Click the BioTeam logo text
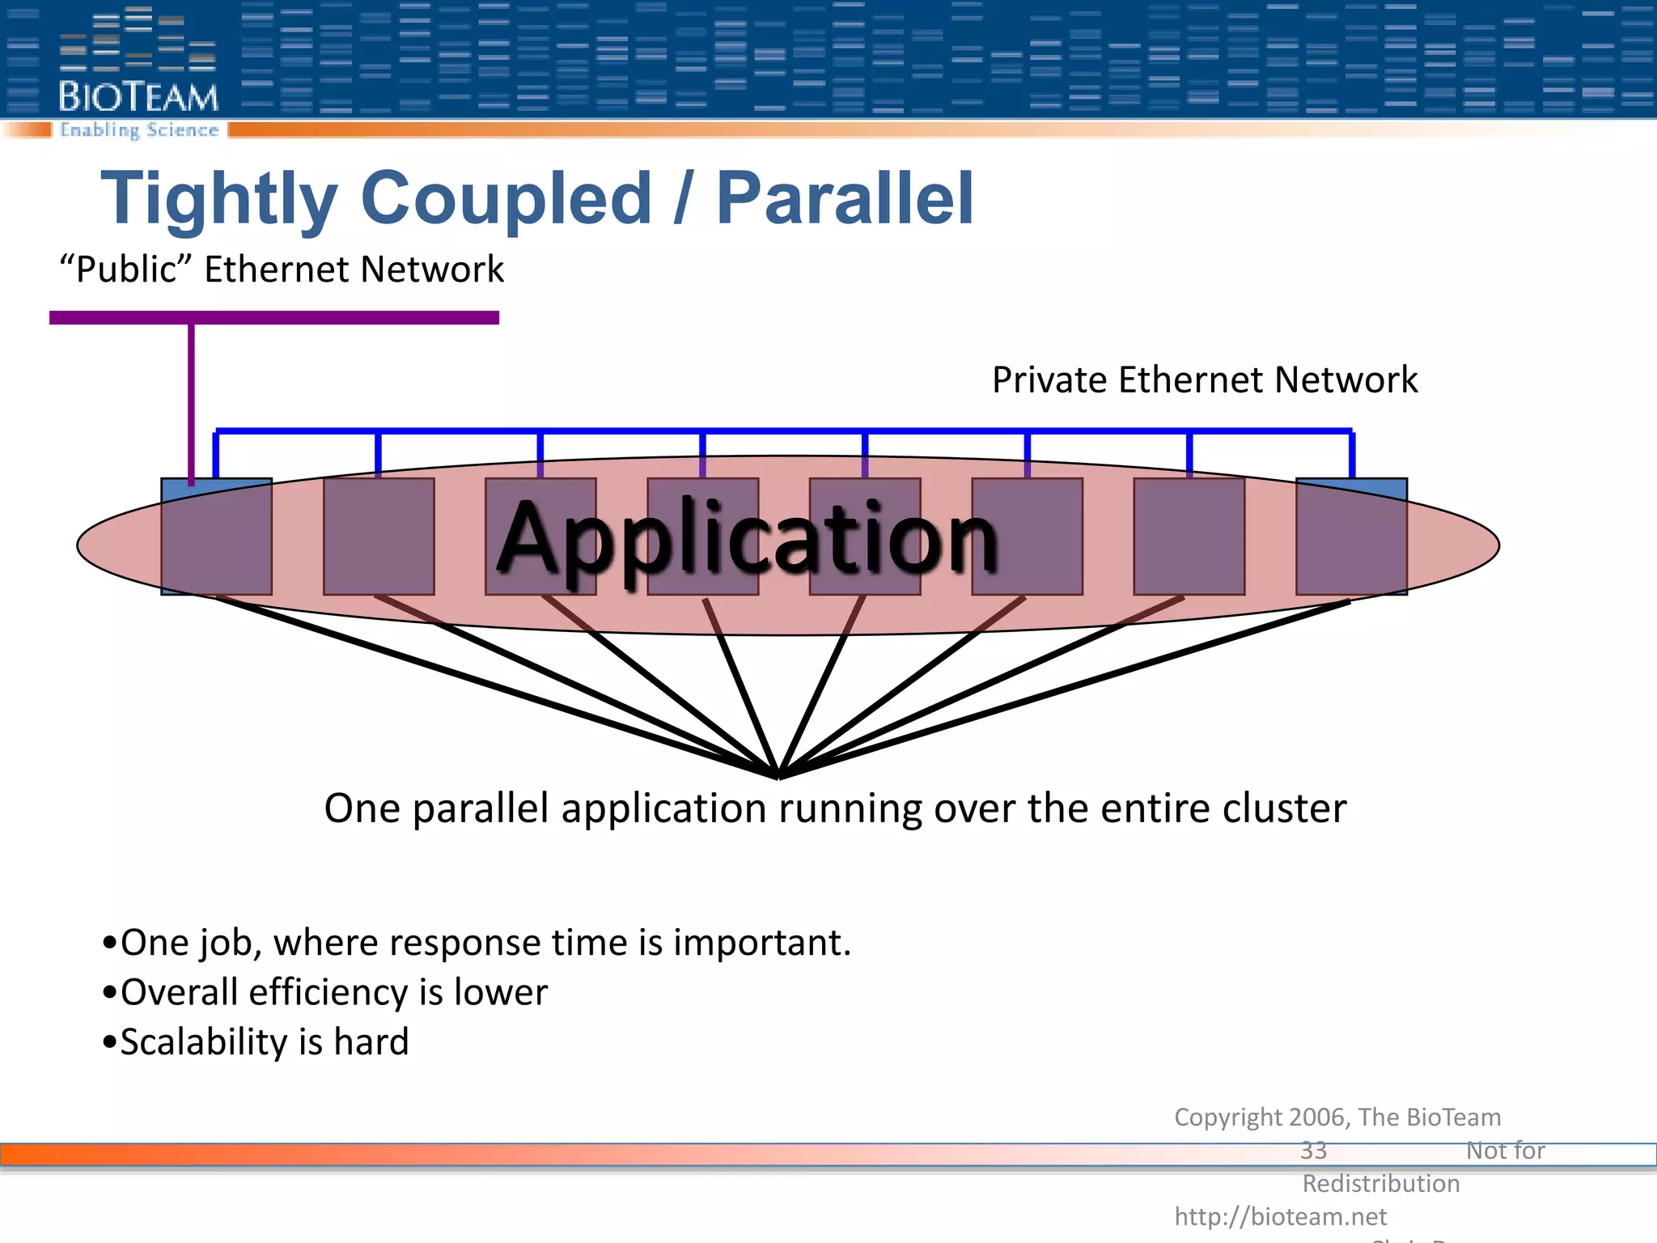pos(138,97)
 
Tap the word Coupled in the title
pos(506,198)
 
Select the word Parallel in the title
pos(845,198)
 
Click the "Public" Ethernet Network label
pos(282,269)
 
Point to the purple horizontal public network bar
pos(274,318)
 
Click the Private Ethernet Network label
pos(1205,380)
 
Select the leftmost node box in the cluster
pos(216,537)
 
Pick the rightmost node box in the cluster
pos(1351,537)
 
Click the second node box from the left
pos(379,537)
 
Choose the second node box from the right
pos(1189,537)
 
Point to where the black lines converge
pos(779,774)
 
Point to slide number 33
pos(1314,1150)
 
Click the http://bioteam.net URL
pos(1280,1216)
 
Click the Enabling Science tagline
pos(139,130)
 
